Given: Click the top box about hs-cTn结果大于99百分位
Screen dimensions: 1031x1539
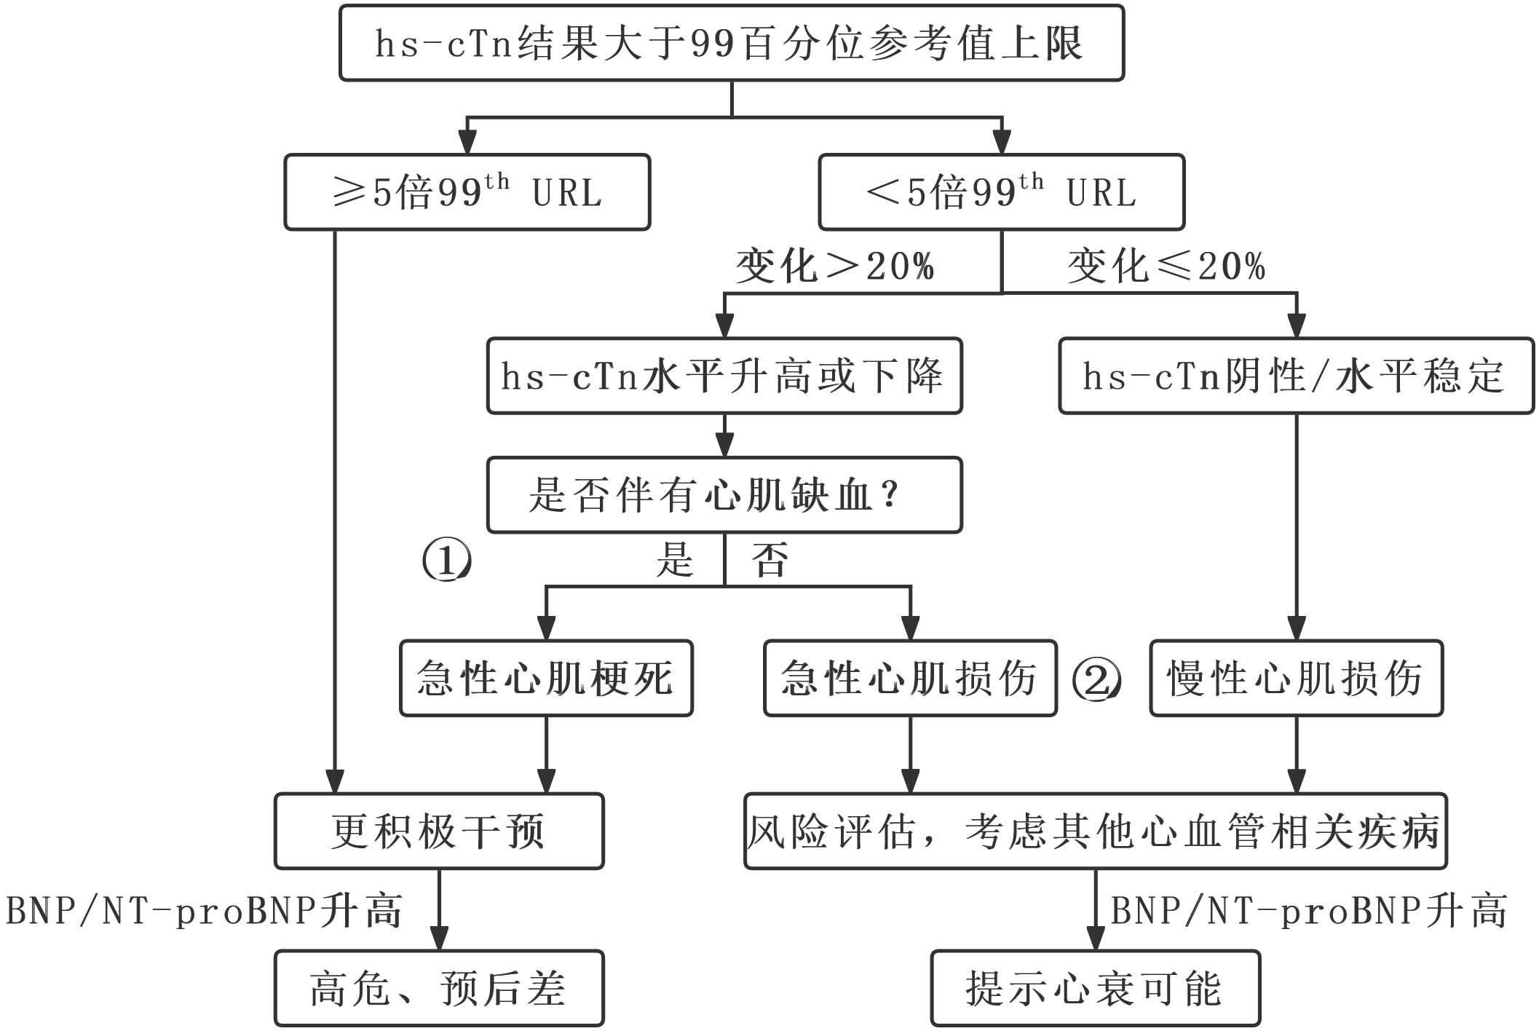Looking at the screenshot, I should (x=731, y=43).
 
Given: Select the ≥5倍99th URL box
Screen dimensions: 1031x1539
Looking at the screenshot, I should (x=467, y=192).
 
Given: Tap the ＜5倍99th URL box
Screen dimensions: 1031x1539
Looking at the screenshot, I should (x=1001, y=192).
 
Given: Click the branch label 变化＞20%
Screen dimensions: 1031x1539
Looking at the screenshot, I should (x=834, y=266).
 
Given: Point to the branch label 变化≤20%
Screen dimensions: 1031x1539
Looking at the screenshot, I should (x=1166, y=266).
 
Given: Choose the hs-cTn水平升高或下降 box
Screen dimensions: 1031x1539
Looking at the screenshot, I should (x=724, y=376).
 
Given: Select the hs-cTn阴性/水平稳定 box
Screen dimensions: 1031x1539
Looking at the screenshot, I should (x=1295, y=376).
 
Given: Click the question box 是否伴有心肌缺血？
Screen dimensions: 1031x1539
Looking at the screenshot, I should (x=724, y=496).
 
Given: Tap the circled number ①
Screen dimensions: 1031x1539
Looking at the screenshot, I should (x=447, y=561).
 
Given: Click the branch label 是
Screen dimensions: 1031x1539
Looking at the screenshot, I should (x=675, y=560).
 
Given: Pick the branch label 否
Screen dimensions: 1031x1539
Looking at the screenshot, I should (x=769, y=560).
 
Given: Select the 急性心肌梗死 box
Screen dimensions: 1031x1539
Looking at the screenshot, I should (x=546, y=679).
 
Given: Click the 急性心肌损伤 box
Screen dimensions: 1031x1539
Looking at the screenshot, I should (x=910, y=679).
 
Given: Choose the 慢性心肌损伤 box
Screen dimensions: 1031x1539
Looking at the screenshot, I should (x=1296, y=679).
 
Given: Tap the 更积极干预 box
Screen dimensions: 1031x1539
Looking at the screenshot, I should (x=439, y=831).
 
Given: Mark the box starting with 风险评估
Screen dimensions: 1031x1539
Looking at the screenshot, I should (x=1095, y=831).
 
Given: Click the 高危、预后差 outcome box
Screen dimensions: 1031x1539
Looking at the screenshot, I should (x=439, y=989).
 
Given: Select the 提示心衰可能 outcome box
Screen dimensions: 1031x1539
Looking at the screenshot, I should (x=1095, y=989).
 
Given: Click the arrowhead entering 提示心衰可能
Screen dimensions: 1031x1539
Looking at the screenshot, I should (x=1095, y=939).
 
